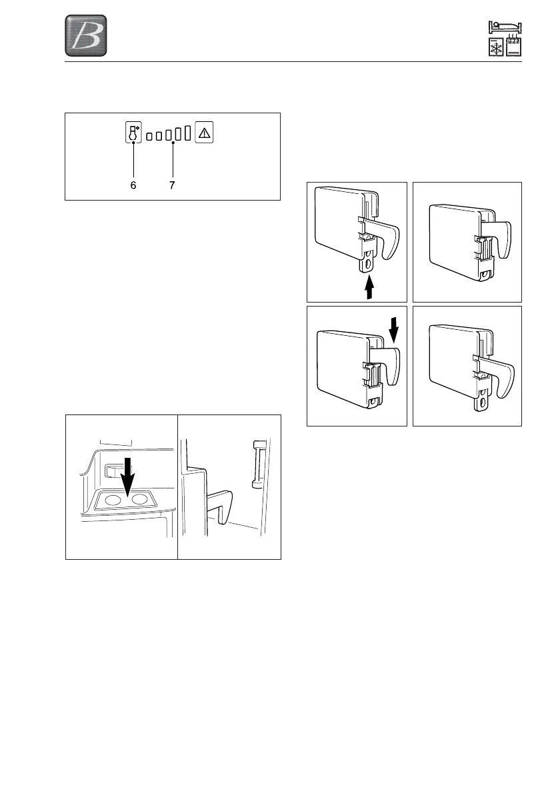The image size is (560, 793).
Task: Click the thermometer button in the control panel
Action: tap(133, 133)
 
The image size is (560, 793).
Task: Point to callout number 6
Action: tap(133, 186)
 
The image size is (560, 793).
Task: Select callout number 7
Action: tap(172, 186)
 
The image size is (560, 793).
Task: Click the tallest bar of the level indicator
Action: tap(189, 133)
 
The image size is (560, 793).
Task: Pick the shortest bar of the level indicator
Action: tap(150, 137)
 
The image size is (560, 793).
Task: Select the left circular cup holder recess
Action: tap(113, 500)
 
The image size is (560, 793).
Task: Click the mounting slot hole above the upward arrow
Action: tap(367, 265)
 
